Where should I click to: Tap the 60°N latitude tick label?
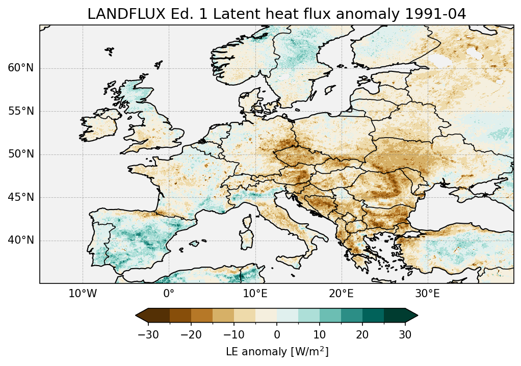click(x=20, y=68)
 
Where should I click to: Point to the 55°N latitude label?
click(x=20, y=112)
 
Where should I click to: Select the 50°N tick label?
click(x=20, y=154)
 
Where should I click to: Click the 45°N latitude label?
click(x=20, y=197)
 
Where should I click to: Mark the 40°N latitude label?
click(x=20, y=240)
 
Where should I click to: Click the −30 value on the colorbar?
click(x=148, y=334)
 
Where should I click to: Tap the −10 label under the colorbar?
click(x=234, y=334)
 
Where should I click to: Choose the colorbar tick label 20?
click(x=362, y=334)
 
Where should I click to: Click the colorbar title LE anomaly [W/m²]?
click(x=277, y=352)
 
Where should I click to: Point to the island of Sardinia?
click(x=249, y=239)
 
